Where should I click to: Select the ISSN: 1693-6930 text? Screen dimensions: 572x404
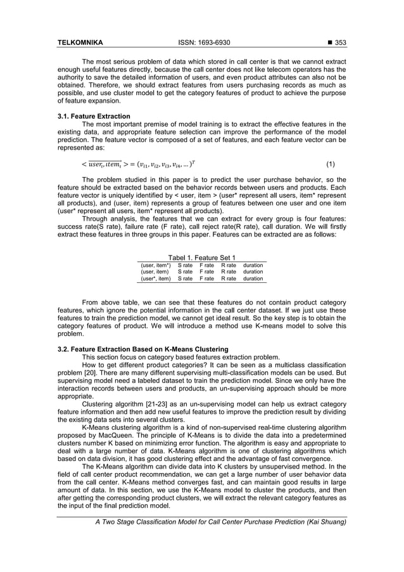(201, 43)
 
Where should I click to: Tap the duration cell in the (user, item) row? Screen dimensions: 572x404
(253, 271)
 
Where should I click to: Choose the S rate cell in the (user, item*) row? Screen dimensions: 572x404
(186, 264)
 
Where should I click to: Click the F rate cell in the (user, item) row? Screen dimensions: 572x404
(207, 271)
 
